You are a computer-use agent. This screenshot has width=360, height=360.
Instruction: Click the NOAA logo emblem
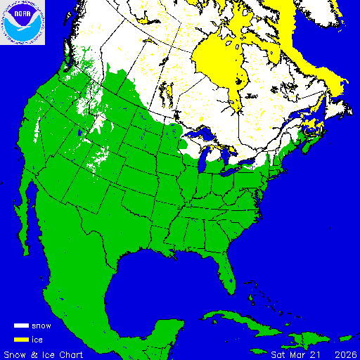tap(23, 22)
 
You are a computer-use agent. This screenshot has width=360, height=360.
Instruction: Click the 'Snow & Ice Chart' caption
tap(44, 353)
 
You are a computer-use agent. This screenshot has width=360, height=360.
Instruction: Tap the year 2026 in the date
tap(345, 353)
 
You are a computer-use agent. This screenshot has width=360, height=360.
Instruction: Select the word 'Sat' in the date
tap(280, 353)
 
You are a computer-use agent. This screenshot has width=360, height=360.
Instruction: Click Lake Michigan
tap(205, 160)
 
